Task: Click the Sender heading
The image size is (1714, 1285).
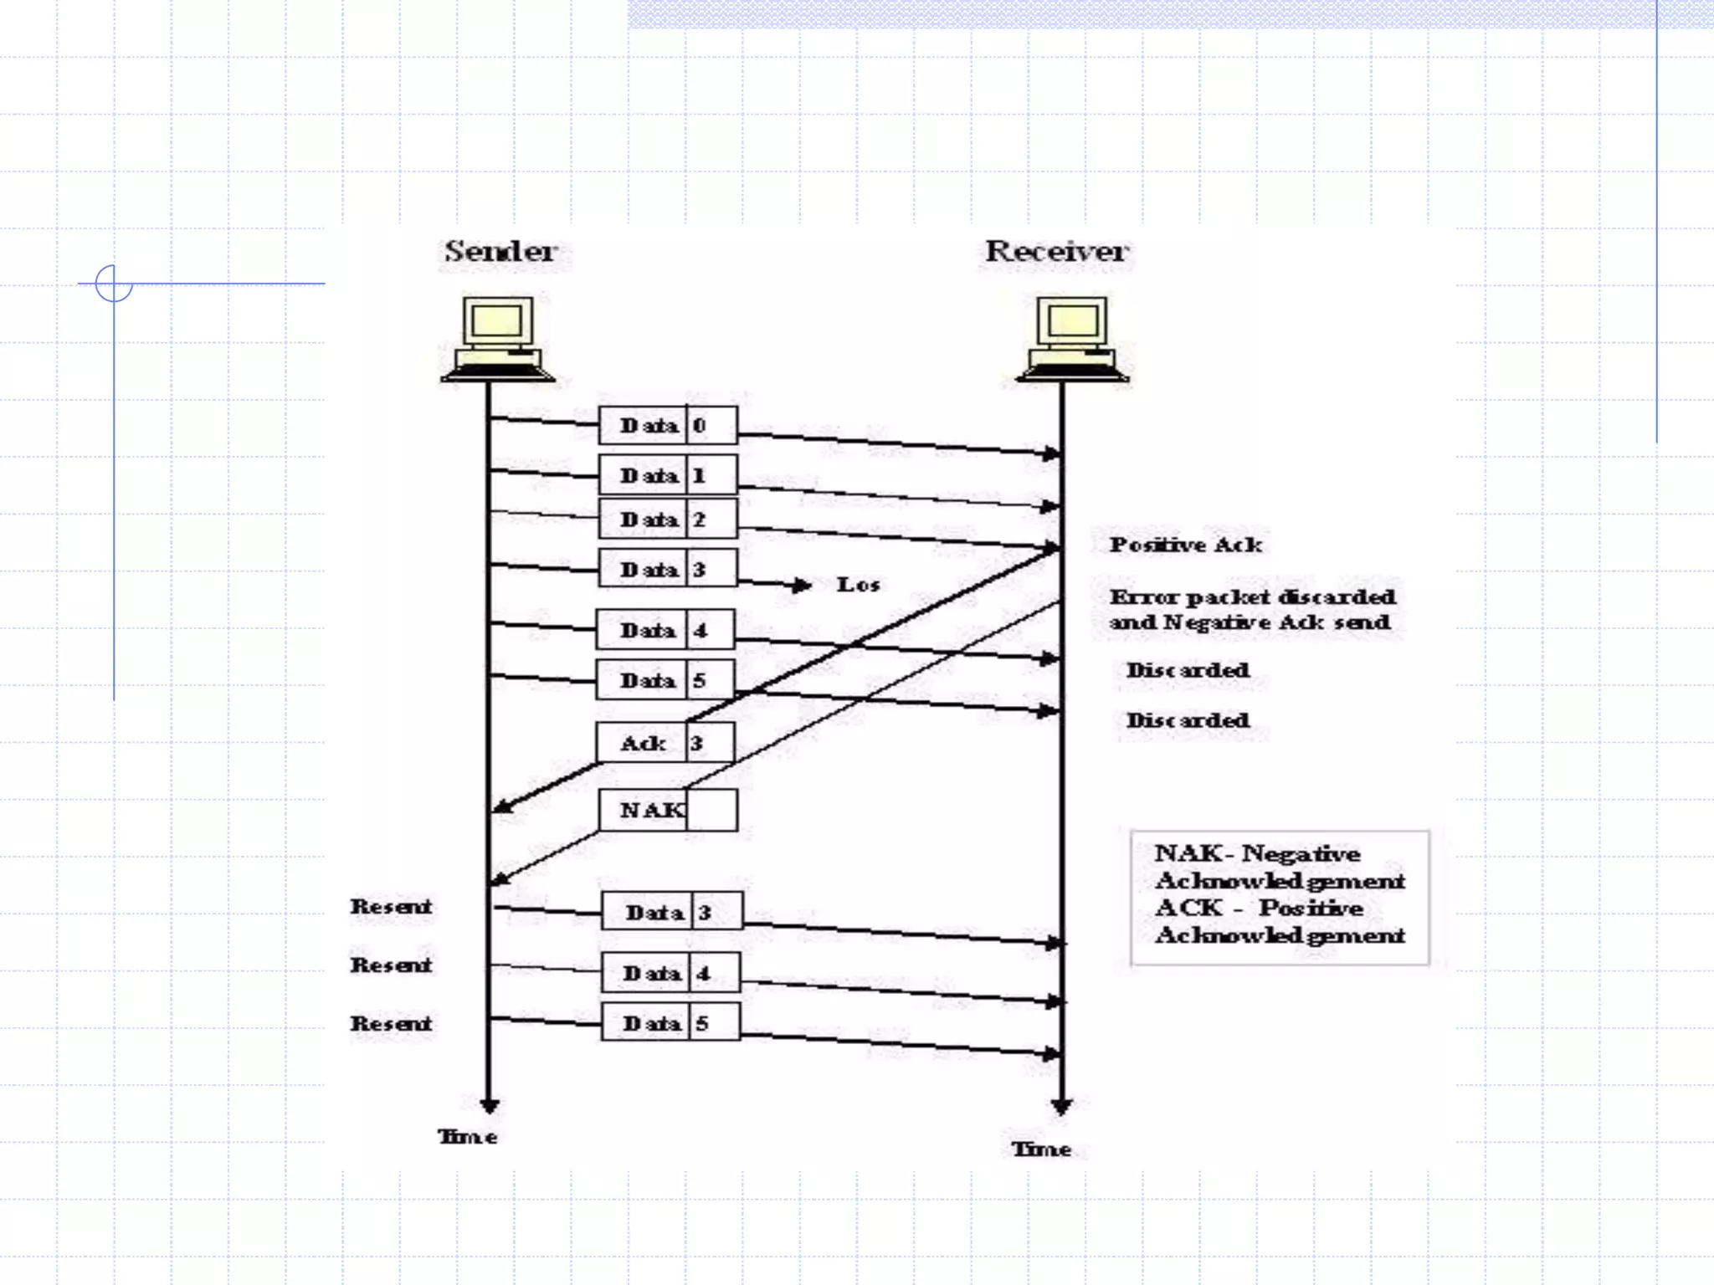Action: pos(500,251)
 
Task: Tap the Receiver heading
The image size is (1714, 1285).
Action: pos(1056,251)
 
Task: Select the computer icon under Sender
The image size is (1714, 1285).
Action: pos(498,339)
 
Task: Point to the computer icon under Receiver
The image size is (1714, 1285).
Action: pos(1072,339)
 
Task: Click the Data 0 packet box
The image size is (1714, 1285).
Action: pos(668,425)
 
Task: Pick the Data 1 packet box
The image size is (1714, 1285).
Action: pos(668,475)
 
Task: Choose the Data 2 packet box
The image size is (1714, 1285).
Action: pos(668,520)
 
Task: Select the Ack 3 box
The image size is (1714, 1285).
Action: pos(665,743)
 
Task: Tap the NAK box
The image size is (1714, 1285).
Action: pos(668,810)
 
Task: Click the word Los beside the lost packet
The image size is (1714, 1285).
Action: pos(858,585)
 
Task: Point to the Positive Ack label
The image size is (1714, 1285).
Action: pos(1185,545)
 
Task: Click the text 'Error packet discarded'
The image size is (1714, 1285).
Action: pos(1252,597)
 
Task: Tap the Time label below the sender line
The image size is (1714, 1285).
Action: pos(467,1137)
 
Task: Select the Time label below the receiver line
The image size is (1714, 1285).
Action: pos(1041,1149)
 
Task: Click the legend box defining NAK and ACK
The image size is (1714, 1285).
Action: pos(1280,897)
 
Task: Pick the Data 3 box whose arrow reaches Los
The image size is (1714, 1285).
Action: pos(668,569)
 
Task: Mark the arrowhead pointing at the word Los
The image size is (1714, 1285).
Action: pos(803,585)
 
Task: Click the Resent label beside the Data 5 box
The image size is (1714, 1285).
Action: pos(391,1023)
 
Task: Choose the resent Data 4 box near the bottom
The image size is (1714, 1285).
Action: pos(670,973)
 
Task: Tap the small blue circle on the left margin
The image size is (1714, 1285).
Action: pos(114,284)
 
